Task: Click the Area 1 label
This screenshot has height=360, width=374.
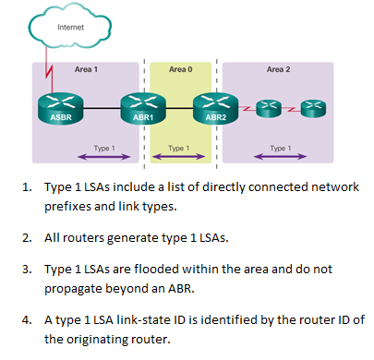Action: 86,68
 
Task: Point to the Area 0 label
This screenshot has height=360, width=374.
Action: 180,68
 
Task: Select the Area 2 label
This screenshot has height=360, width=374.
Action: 278,68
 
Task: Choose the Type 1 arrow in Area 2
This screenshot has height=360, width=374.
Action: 278,156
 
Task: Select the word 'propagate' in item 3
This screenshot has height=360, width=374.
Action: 78,287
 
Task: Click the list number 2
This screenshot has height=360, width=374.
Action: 27,237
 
